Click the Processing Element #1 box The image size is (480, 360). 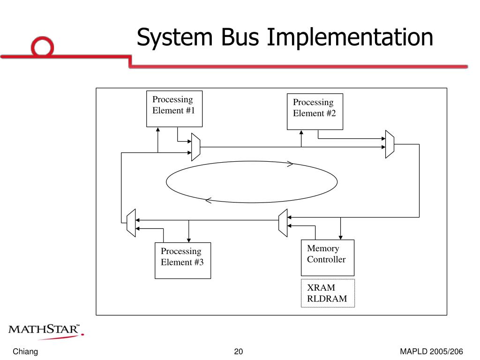(174, 109)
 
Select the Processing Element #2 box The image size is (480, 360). (315, 112)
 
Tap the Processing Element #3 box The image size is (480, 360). (183, 261)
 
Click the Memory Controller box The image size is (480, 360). (327, 257)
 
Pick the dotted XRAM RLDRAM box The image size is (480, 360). (328, 293)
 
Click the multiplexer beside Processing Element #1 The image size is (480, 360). (196, 147)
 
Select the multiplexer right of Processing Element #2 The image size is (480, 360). (389, 144)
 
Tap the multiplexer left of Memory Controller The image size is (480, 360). (283, 222)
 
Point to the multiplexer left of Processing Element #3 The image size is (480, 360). (131, 223)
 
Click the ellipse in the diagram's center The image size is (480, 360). (252, 182)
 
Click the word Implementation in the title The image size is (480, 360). (350, 37)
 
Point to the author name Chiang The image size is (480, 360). (25, 352)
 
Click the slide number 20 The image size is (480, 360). (239, 352)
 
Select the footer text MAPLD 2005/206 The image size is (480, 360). (431, 352)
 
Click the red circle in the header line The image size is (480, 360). (43, 47)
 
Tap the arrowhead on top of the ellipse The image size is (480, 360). (290, 164)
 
